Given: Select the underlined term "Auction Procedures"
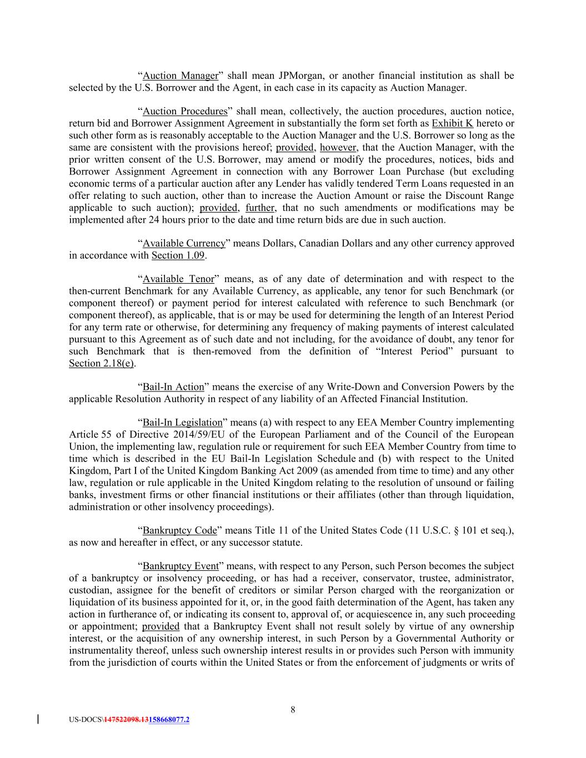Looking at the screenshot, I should pyautogui.click(x=185, y=111).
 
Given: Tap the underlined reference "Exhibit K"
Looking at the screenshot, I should pyautogui.click(x=452, y=123).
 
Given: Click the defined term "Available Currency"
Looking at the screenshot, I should pyautogui.click(x=184, y=243).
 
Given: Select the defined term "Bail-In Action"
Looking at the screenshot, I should pyautogui.click(x=173, y=386).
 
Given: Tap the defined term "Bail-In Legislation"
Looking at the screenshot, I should pyautogui.click(x=182, y=423).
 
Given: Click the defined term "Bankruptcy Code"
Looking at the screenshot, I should pyautogui.click(x=179, y=530).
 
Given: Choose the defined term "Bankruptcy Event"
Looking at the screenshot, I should pyautogui.click(x=181, y=566).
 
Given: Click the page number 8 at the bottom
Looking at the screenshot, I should pyautogui.click(x=293, y=709).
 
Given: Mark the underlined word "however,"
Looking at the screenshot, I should pyautogui.click(x=339, y=147).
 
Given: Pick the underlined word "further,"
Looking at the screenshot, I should pyautogui.click(x=260, y=208).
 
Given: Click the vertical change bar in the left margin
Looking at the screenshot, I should pyautogui.click(x=37, y=720).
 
